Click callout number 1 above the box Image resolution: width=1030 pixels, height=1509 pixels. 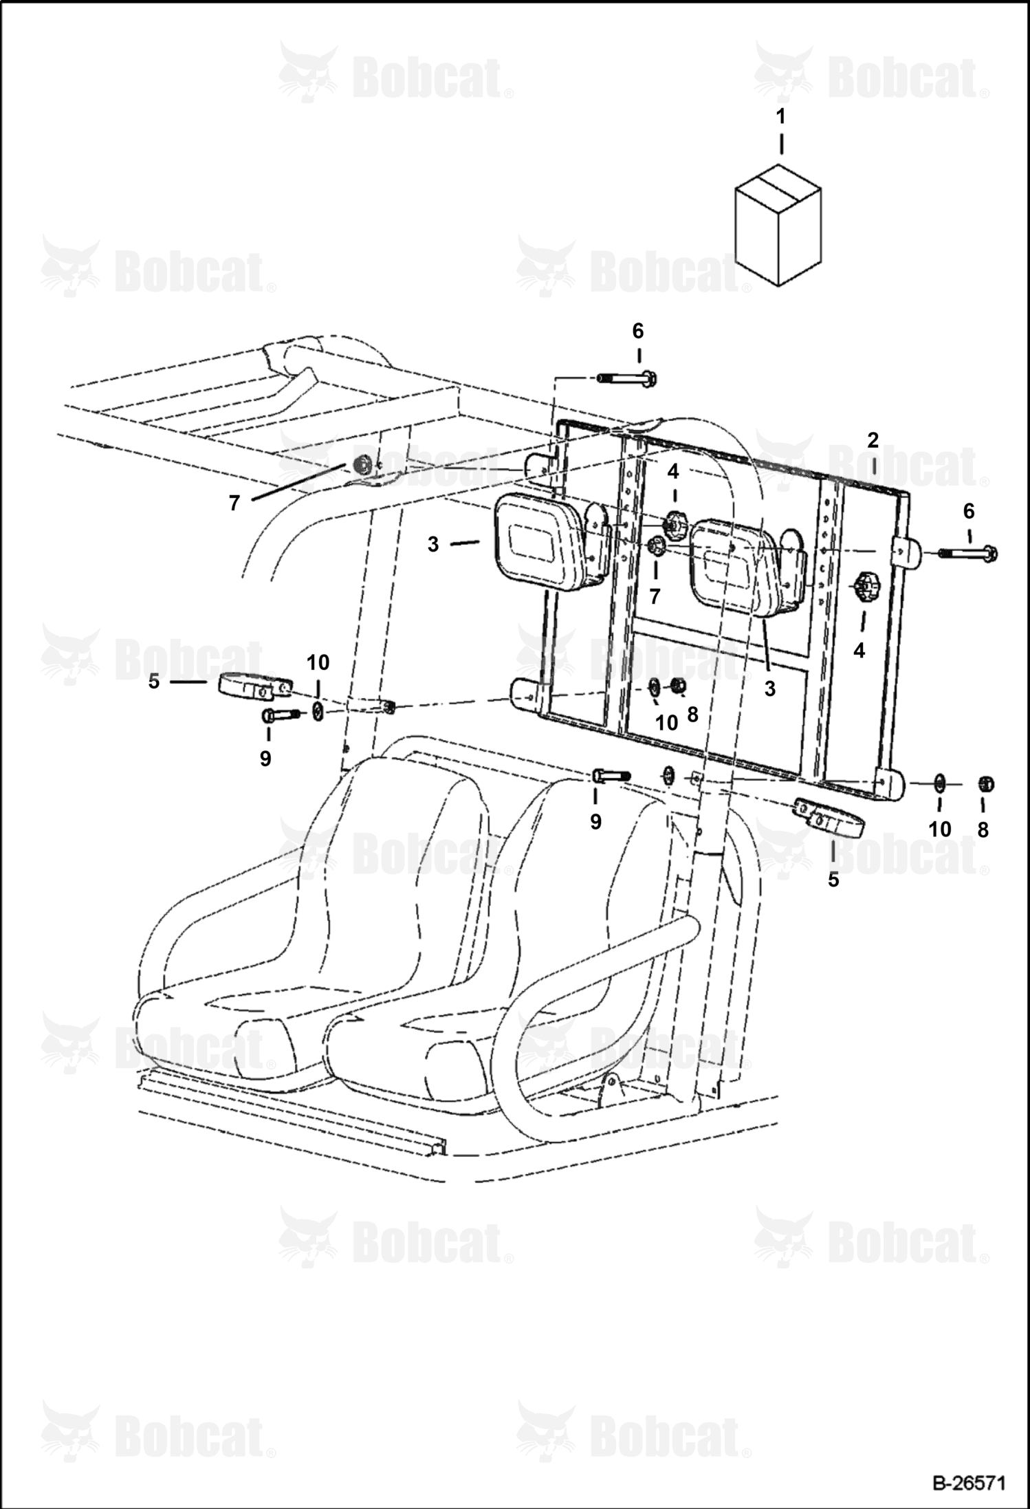pos(780,117)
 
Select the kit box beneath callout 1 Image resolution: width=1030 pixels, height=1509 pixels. pos(778,224)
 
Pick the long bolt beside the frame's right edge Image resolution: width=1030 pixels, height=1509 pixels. pos(968,552)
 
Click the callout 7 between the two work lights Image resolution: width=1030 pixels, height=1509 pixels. pos(655,596)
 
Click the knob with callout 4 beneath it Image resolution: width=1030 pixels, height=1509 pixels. pos(862,588)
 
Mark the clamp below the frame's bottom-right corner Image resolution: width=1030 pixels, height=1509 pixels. pos(829,817)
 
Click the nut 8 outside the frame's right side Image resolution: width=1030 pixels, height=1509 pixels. pos(986,783)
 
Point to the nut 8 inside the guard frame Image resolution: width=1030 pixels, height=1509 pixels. pos(677,686)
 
